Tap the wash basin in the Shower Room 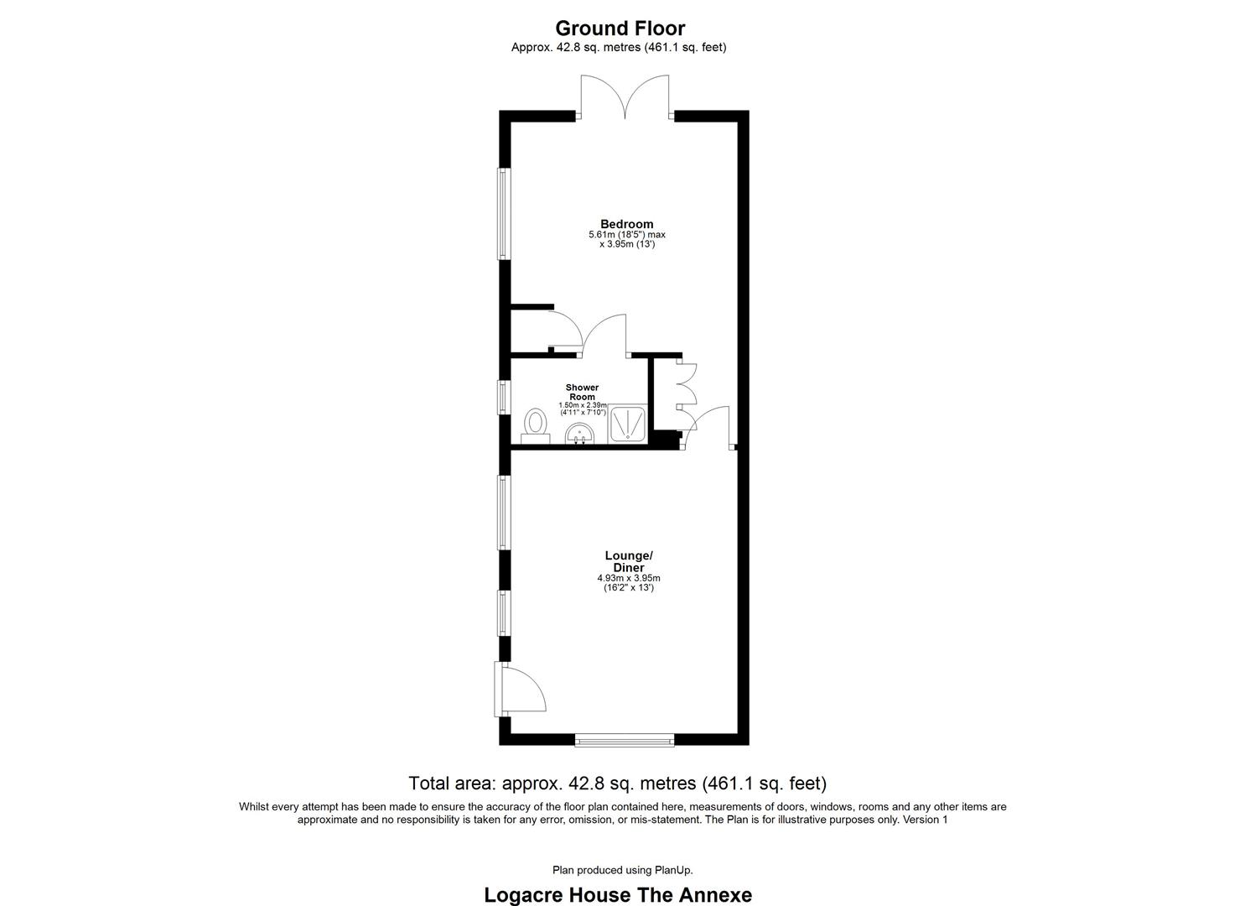[x=579, y=435]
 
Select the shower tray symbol [x=627, y=423]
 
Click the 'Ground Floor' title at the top [x=620, y=29]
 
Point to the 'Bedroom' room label [x=626, y=224]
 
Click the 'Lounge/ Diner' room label [x=628, y=561]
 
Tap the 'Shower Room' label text [x=582, y=392]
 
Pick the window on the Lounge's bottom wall [x=624, y=740]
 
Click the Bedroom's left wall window [x=502, y=214]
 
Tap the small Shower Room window [x=503, y=396]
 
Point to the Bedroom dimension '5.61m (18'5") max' [x=626, y=235]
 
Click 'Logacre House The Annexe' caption [x=618, y=894]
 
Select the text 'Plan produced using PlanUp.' [x=622, y=870]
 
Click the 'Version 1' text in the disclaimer [x=925, y=820]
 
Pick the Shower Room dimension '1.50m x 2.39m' [x=582, y=405]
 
